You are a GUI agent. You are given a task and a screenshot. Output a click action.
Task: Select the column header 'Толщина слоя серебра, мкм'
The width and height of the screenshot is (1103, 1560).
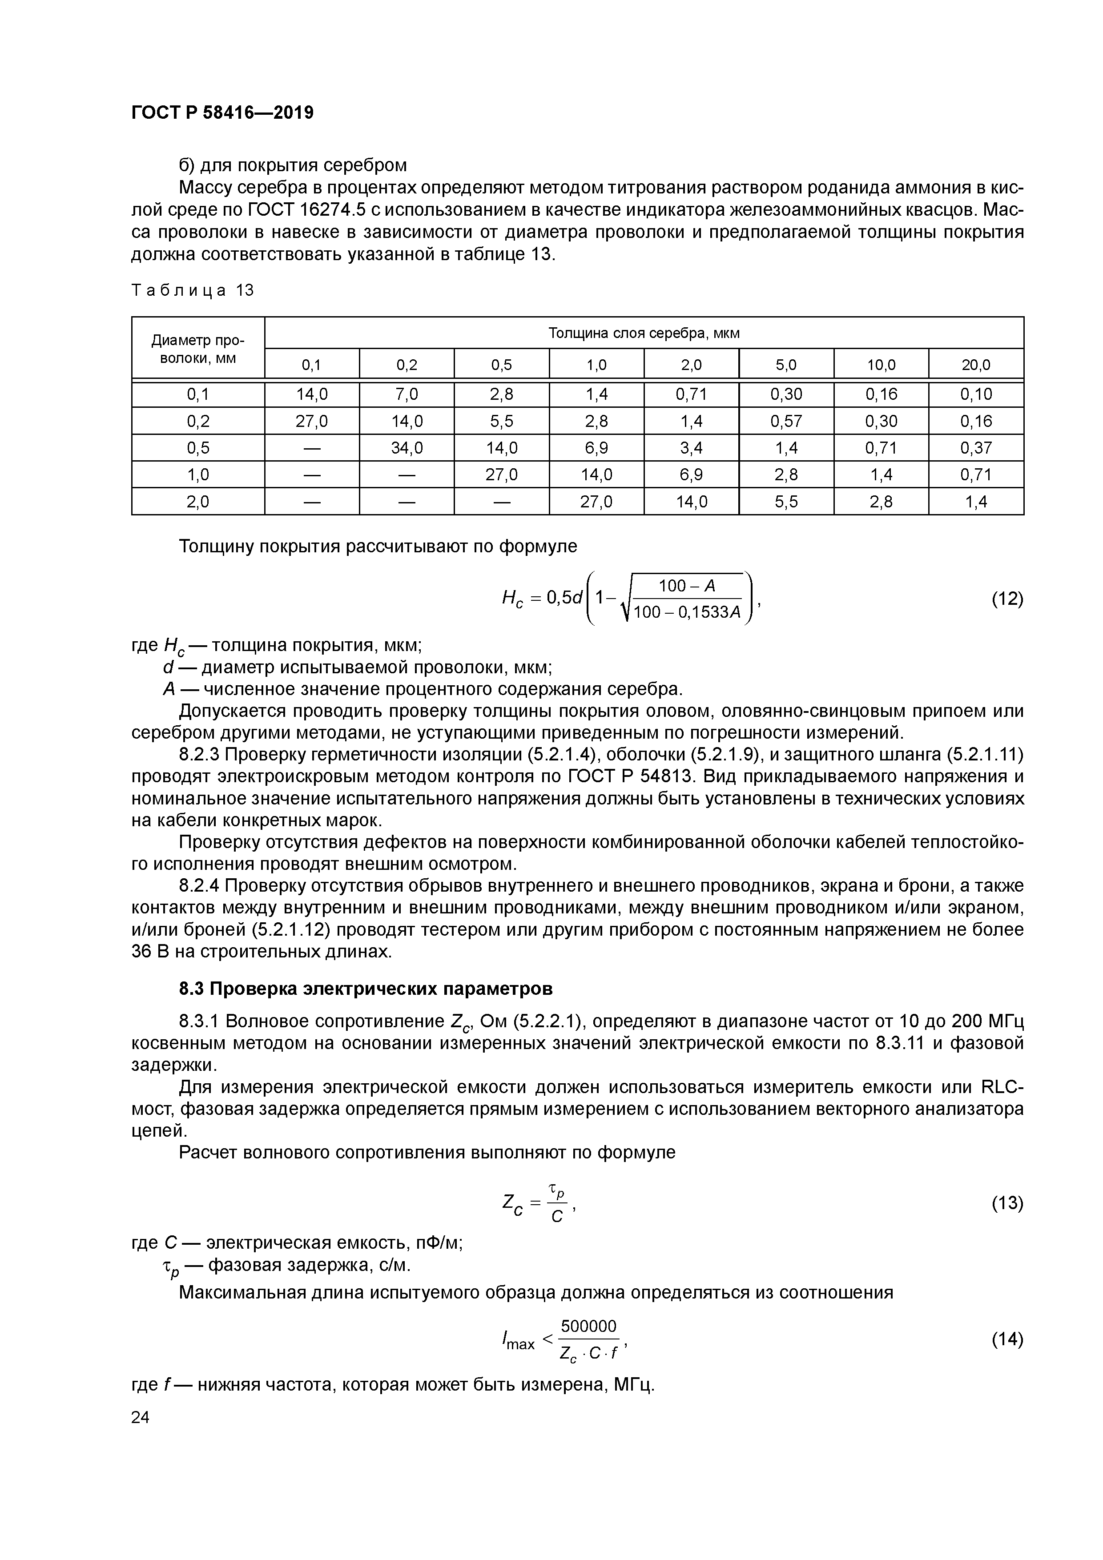click(x=643, y=333)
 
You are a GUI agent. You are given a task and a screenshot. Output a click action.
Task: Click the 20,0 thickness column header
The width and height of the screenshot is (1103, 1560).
click(x=975, y=365)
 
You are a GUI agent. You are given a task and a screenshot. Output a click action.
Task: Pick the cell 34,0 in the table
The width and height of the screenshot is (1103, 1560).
click(x=407, y=448)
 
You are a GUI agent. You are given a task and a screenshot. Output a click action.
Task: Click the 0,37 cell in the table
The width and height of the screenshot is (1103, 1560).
click(x=975, y=448)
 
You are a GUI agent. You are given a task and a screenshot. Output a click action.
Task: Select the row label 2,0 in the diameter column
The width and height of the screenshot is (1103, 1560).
click(x=198, y=502)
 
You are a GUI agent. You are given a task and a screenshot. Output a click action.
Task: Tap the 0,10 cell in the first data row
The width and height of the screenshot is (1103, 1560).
click(x=975, y=394)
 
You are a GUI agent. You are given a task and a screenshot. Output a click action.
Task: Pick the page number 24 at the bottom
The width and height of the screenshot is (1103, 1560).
click(x=140, y=1417)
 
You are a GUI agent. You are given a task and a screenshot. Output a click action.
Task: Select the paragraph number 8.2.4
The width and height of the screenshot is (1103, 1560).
click(x=199, y=886)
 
